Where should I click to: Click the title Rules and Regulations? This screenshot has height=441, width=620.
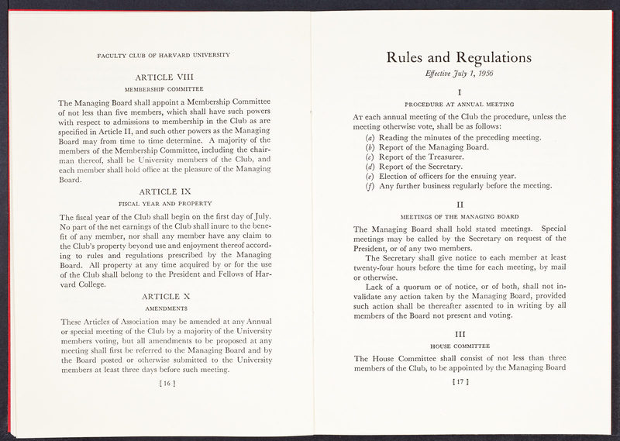(459, 57)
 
